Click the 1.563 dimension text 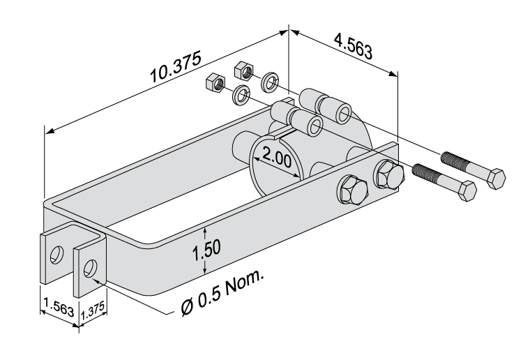pyautogui.click(x=59, y=305)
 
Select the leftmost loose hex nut pyautogui.click(x=215, y=84)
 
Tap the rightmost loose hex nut pyautogui.click(x=243, y=70)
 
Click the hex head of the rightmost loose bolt pyautogui.click(x=495, y=179)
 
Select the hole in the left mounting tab pyautogui.click(x=58, y=253)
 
